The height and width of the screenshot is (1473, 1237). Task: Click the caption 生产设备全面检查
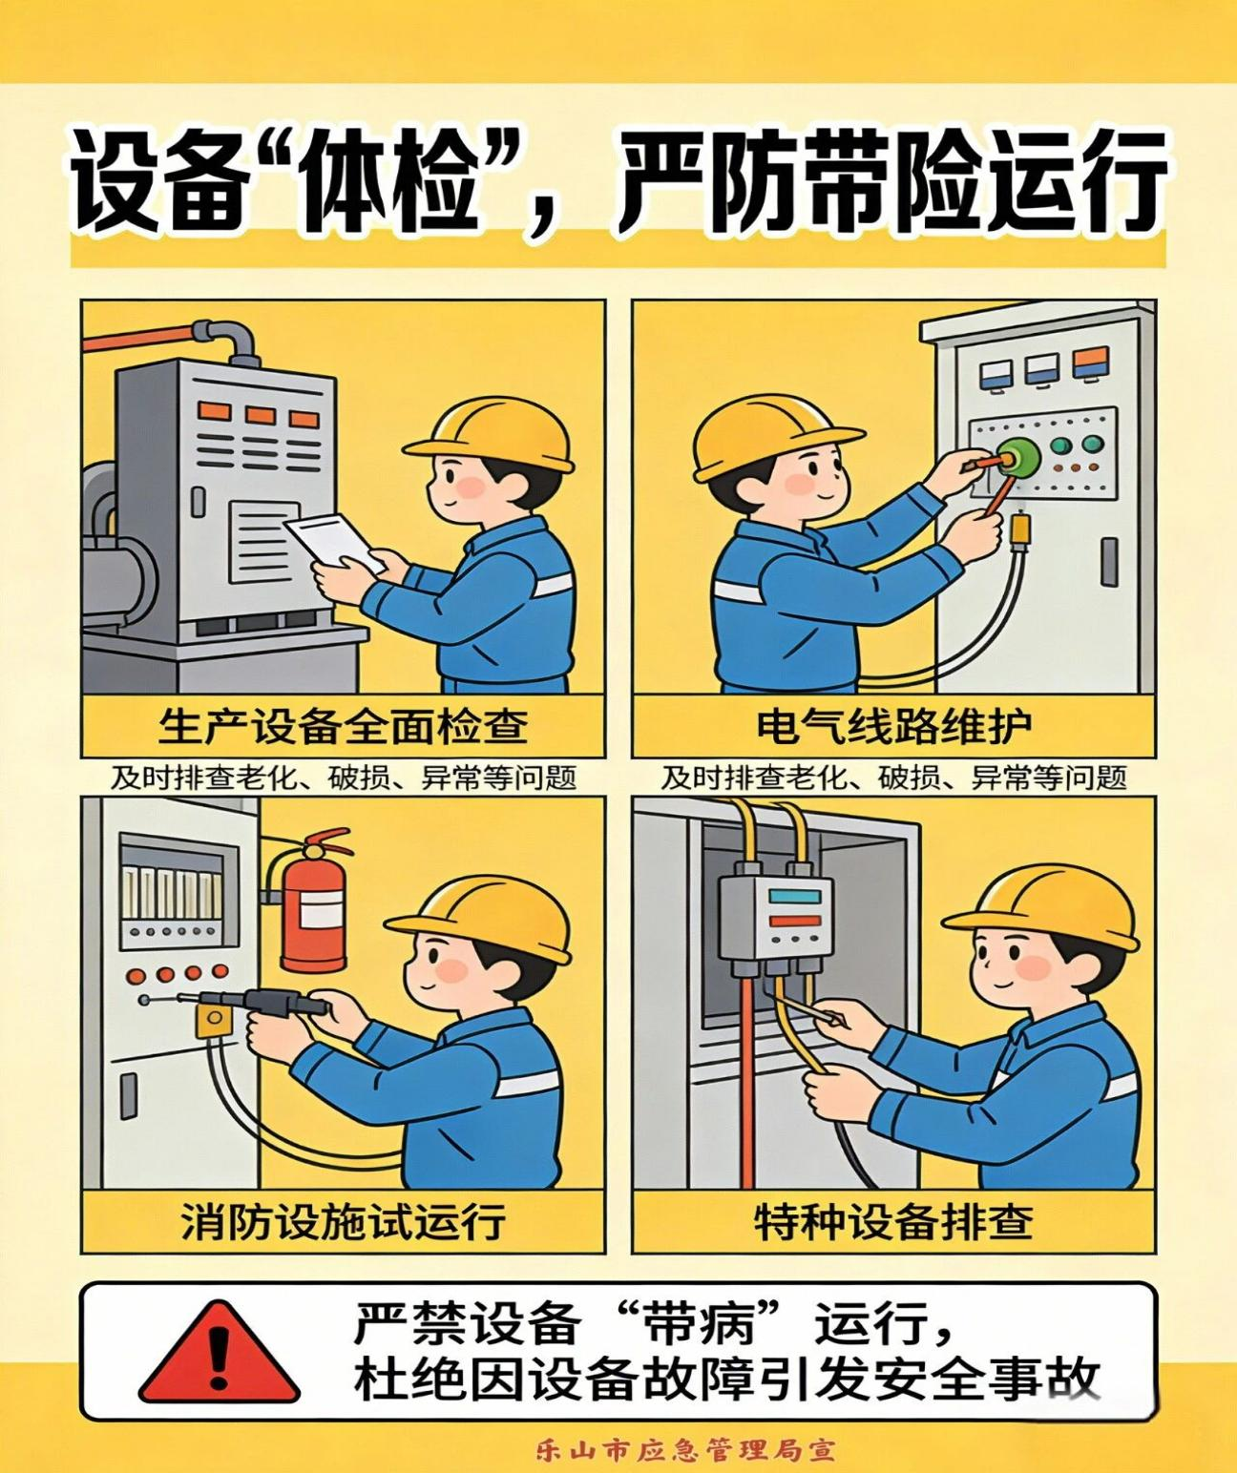343,726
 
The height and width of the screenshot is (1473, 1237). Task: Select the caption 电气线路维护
893,726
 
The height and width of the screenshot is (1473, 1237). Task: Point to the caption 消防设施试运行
343,1221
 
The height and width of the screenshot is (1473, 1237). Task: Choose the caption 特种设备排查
893,1221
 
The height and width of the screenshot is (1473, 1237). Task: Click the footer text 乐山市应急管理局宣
684,1451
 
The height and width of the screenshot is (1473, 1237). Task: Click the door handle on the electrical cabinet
1108,561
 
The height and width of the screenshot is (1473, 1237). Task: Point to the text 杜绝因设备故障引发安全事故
727,1380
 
